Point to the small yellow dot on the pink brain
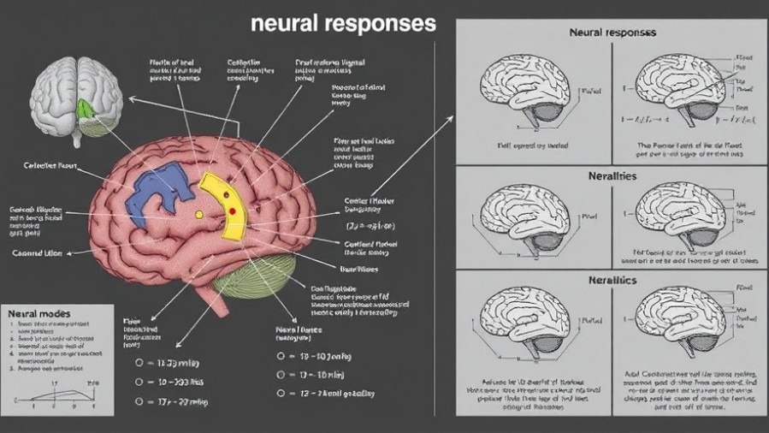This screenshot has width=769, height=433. click(x=199, y=214)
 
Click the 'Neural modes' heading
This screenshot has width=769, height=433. click(x=38, y=314)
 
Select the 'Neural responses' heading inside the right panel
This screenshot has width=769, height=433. click(x=612, y=32)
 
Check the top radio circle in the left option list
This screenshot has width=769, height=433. click(x=139, y=362)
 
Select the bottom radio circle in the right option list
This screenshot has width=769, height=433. click(x=280, y=394)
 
